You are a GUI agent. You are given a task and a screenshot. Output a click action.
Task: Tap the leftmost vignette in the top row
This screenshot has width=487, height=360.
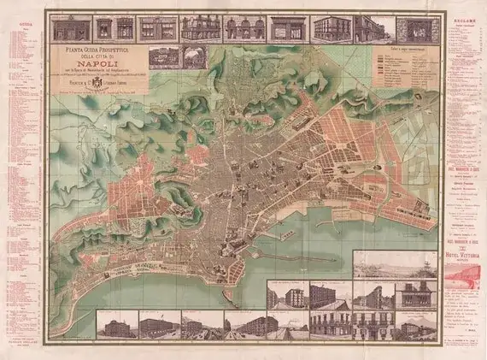coord(71,28)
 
